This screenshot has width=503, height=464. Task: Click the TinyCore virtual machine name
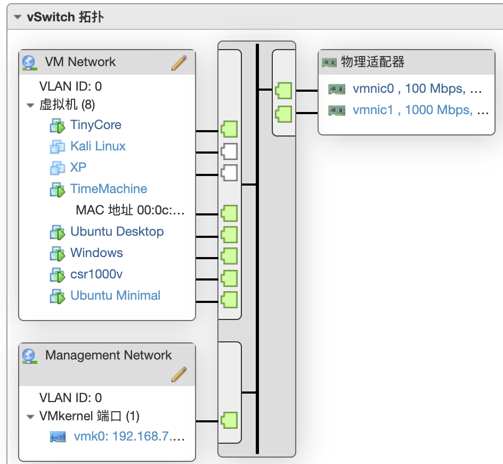[96, 125]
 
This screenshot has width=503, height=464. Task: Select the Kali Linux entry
[98, 147]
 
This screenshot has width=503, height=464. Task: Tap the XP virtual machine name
[78, 168]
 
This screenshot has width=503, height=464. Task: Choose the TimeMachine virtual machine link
[109, 189]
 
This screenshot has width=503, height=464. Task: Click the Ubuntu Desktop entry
[117, 232]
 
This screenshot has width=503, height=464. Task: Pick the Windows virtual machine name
[96, 253]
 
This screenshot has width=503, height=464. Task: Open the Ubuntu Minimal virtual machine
[115, 296]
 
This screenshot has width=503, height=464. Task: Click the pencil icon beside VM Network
[179, 63]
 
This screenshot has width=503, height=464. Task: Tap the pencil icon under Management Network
[179, 374]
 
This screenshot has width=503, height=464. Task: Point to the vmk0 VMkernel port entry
[129, 437]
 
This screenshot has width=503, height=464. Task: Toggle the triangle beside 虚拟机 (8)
[30, 105]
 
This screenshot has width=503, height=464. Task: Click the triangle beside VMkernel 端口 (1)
[30, 417]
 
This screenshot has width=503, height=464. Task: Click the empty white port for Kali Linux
[229, 151]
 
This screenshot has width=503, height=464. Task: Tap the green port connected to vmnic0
[283, 90]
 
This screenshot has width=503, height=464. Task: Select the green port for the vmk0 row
[229, 419]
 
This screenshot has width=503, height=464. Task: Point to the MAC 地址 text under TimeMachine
[130, 210]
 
